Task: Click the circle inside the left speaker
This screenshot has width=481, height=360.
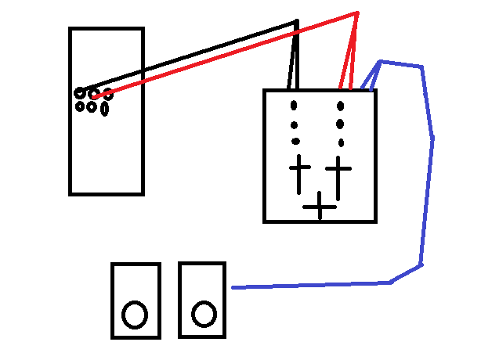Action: point(135,315)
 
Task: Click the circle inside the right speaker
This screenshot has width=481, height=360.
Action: point(204,314)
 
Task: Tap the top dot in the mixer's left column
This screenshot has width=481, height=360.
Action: point(295,106)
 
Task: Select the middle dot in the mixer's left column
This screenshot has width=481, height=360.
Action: point(295,124)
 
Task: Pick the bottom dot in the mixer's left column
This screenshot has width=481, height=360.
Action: point(295,142)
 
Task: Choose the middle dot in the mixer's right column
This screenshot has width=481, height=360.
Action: point(340,124)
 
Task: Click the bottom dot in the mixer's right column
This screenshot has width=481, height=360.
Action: point(341,142)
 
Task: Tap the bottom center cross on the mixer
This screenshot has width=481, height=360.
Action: point(320,207)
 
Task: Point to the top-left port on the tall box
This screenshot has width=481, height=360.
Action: point(80,93)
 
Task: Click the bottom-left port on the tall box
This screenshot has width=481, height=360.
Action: point(80,106)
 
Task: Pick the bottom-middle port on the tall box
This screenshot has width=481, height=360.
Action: point(92,107)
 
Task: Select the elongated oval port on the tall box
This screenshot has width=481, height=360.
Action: point(104,109)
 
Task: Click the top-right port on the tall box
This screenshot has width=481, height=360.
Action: point(107,96)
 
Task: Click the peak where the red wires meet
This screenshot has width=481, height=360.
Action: point(356,13)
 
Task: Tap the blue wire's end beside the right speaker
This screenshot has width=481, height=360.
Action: point(233,288)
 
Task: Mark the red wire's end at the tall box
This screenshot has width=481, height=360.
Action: point(93,97)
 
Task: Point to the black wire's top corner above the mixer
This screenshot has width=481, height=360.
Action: point(296,21)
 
